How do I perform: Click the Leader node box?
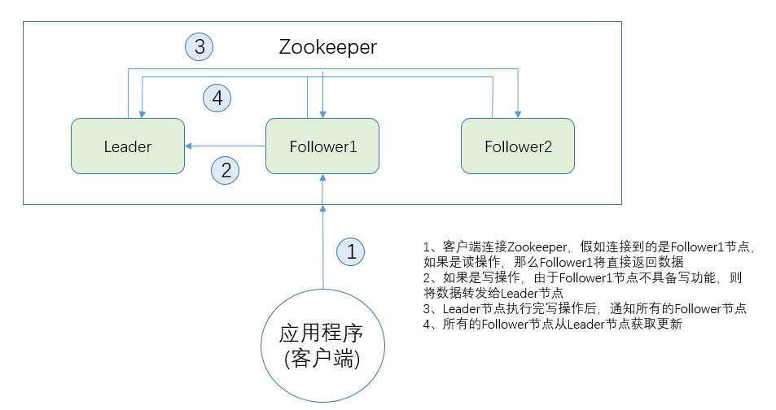pos(128,146)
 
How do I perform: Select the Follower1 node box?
pos(322,146)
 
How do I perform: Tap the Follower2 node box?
pos(518,146)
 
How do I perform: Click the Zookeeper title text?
pos(328,47)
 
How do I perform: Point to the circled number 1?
pos(351,251)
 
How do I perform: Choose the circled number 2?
pos(226,170)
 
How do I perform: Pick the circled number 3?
pos(199,46)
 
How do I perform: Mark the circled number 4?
pos(217,98)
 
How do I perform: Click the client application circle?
pos(323,346)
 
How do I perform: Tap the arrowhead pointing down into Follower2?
pos(518,113)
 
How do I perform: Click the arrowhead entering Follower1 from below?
pos(323,178)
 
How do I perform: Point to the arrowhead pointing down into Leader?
pos(143,113)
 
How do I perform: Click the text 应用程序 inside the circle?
pos(322,334)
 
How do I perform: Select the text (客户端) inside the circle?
pos(322,359)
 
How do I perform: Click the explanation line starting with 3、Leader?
pos(584,308)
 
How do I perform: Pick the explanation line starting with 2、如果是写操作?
pos(582,277)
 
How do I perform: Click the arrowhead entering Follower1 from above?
pos(323,113)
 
